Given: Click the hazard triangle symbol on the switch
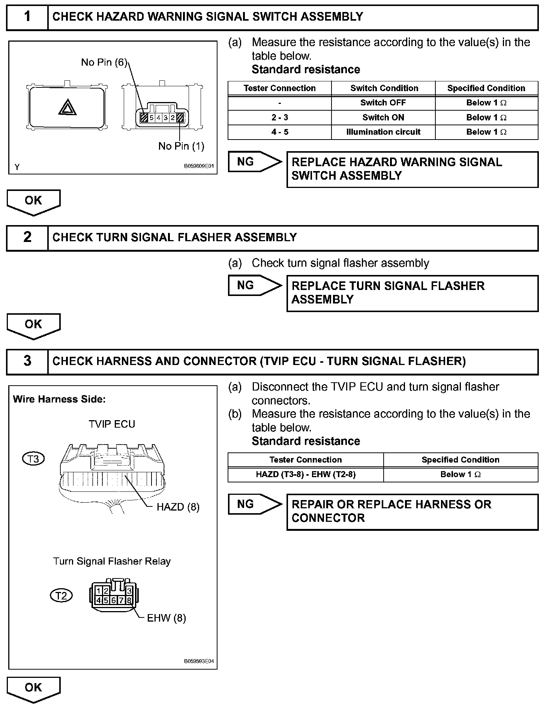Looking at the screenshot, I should click(67, 108).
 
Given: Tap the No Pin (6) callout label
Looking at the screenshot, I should click(104, 62).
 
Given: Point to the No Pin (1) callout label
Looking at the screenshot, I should click(181, 146).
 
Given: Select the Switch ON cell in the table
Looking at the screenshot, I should click(383, 117).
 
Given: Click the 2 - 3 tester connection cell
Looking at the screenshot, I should click(279, 117).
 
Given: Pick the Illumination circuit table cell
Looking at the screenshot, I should click(383, 132).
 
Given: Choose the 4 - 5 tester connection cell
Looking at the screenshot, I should click(279, 132).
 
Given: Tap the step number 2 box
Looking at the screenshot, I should click(27, 237).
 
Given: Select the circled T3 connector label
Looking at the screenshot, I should click(33, 459).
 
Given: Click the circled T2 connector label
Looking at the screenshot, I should click(61, 595).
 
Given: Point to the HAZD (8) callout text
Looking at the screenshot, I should click(178, 507).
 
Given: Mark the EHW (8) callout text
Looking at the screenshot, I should click(166, 618).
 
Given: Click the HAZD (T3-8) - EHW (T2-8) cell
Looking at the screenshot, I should click(305, 475).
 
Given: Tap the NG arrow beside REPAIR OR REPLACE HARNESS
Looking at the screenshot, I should click(254, 504).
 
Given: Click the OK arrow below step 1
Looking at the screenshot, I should click(33, 201).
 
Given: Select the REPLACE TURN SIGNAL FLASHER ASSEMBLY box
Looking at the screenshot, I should click(412, 293).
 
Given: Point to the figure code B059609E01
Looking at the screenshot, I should click(199, 166).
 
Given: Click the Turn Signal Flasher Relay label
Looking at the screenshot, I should click(112, 561).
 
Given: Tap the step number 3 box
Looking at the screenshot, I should click(27, 361).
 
